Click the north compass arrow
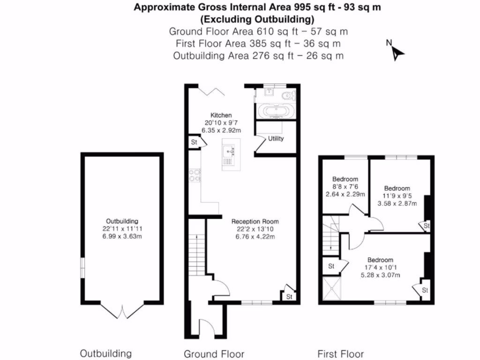[x=398, y=52]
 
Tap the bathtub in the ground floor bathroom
[x=277, y=112]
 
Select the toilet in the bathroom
[x=288, y=96]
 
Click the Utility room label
[x=276, y=139]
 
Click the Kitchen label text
[x=221, y=115]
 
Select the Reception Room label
[x=255, y=221]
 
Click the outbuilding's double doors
[x=122, y=311]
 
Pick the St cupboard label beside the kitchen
[x=193, y=142]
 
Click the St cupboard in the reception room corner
[x=289, y=296]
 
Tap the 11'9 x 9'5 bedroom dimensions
[x=397, y=196]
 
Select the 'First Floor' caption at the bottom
[x=340, y=354]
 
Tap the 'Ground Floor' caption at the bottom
[x=214, y=354]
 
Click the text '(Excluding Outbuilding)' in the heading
[x=256, y=20]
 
